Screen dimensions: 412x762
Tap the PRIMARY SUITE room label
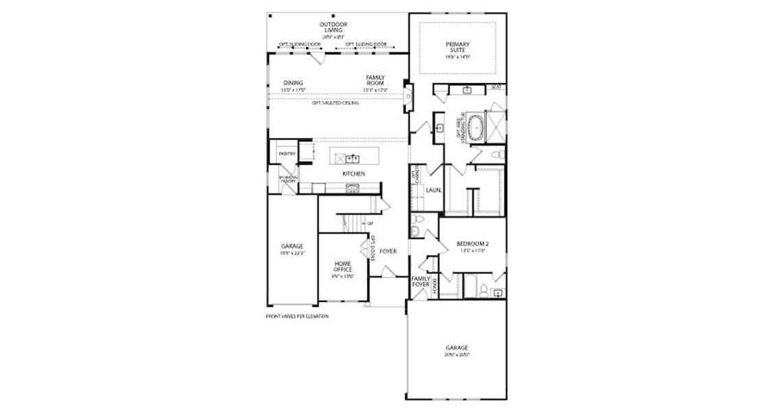click(457, 48)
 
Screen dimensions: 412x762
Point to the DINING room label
click(294, 84)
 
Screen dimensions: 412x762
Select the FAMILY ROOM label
click(375, 80)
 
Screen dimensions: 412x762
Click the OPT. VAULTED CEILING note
click(335, 103)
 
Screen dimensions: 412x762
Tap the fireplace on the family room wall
click(407, 95)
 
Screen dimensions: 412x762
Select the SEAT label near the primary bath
click(497, 87)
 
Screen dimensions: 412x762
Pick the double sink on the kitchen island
click(350, 159)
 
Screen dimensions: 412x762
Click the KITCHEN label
click(354, 174)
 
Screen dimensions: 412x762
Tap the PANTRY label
click(286, 154)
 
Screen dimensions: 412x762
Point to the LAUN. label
click(433, 190)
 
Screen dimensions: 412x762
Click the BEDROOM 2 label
click(472, 244)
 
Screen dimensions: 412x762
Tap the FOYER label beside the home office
click(388, 251)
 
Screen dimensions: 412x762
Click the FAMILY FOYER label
click(420, 282)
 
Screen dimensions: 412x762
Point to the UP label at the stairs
click(370, 224)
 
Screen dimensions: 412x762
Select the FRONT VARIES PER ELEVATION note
click(297, 317)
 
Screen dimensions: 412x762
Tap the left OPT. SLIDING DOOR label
click(300, 44)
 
